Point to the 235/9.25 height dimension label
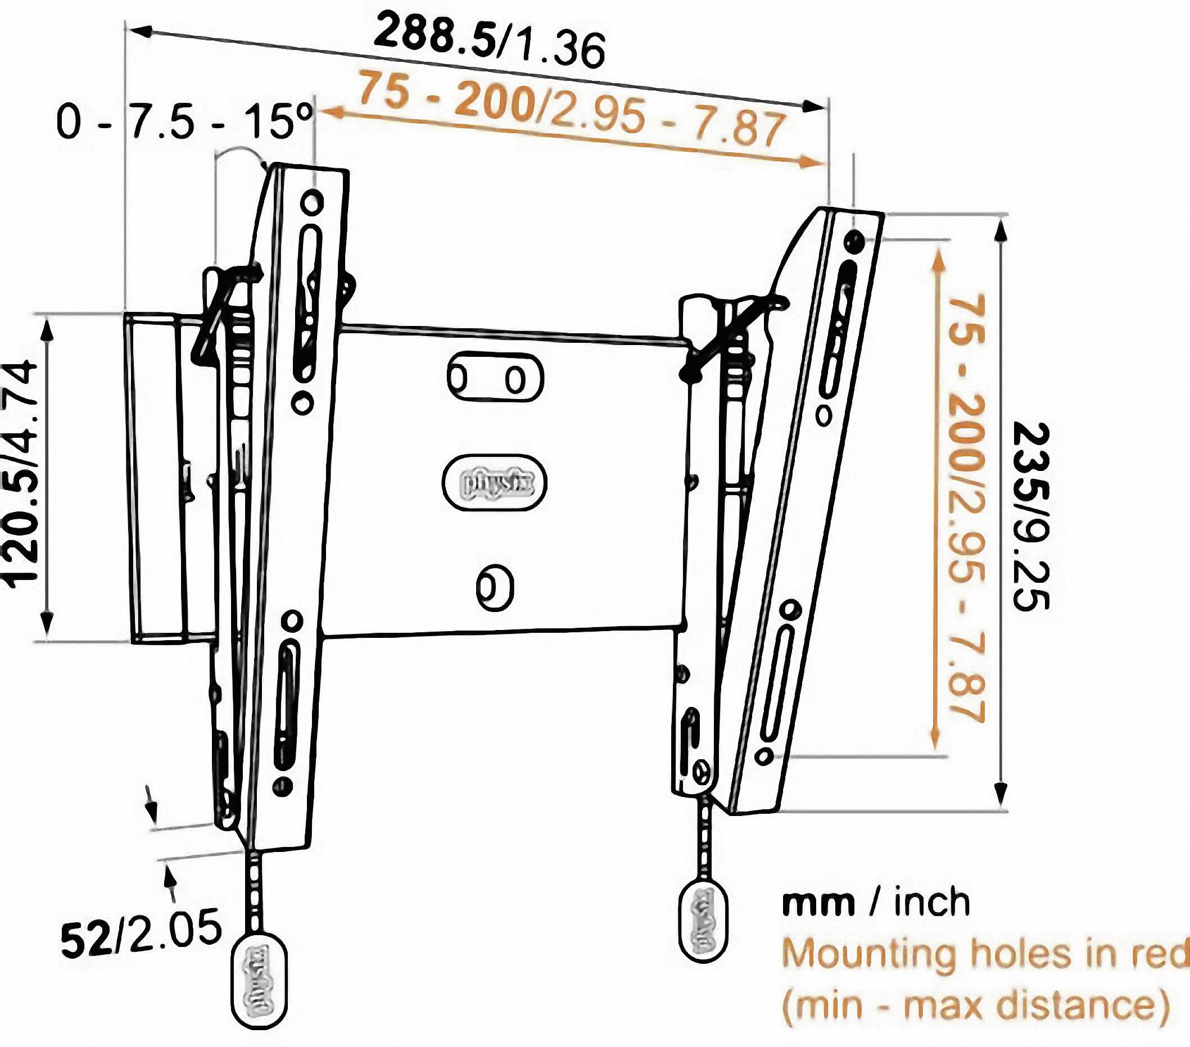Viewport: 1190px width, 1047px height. click(x=1030, y=515)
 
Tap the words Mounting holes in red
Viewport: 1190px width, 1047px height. click(x=984, y=953)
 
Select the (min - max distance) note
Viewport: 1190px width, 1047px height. click(x=975, y=1005)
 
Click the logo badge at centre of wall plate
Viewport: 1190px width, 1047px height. click(x=495, y=482)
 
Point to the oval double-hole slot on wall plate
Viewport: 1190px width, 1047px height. click(x=495, y=378)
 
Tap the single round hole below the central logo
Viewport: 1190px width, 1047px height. click(x=495, y=587)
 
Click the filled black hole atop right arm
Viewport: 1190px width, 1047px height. click(x=853, y=241)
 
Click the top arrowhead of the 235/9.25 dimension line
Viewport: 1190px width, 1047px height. click(x=1000, y=231)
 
